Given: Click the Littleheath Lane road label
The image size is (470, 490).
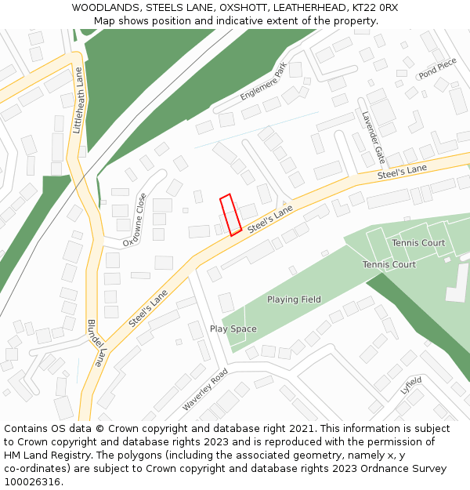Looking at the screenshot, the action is click(78, 100).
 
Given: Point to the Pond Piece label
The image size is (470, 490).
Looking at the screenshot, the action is click(437, 68).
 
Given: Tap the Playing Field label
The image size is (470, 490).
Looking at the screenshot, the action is click(294, 299).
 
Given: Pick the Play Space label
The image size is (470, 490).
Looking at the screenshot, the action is click(233, 328).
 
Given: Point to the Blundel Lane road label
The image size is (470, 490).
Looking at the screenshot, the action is click(95, 343).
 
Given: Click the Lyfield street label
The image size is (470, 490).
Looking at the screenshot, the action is click(410, 385).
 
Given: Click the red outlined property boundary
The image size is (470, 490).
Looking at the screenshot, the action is click(230, 215).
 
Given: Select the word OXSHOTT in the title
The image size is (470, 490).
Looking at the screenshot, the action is click(242, 7).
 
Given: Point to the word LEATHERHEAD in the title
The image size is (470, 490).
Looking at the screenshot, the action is click(309, 7).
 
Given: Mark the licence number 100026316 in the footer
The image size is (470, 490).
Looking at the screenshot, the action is click(32, 482).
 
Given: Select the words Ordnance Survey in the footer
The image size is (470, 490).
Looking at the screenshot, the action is click(406, 469).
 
